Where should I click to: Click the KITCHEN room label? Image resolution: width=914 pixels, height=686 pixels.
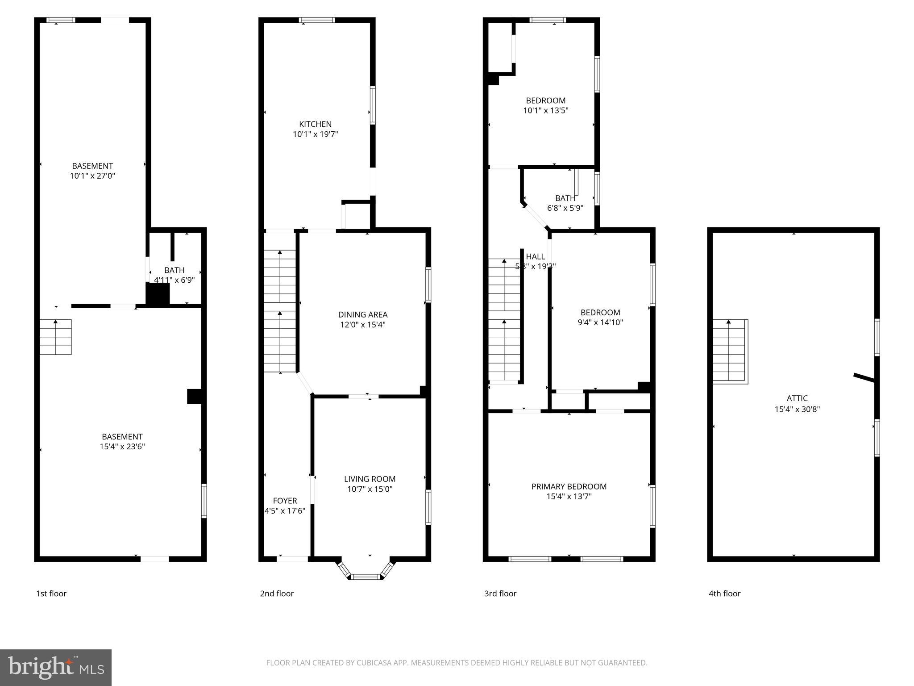point(315,124)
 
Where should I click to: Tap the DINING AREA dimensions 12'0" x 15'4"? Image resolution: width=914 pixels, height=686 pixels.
point(362,325)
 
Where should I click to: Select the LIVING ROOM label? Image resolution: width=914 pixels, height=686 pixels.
point(370,479)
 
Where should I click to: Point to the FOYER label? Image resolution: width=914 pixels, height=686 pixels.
point(285,501)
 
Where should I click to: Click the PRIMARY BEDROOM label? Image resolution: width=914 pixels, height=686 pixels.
point(569,486)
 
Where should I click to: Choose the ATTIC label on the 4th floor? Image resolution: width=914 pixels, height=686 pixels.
point(797,398)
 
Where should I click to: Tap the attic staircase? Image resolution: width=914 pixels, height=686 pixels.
point(729,351)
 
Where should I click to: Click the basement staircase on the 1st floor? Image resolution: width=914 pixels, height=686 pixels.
point(56,337)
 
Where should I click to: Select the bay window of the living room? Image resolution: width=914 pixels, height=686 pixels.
point(366,573)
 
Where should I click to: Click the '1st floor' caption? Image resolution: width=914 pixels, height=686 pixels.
point(51,594)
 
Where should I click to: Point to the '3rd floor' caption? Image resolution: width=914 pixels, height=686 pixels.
point(500,594)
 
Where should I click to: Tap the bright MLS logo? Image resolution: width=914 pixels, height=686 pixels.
point(55,667)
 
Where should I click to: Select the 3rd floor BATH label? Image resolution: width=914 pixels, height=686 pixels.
point(565,198)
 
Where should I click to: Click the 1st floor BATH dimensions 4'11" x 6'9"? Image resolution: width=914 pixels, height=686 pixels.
point(174,280)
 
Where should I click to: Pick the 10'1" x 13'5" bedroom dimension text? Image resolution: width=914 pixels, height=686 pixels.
point(545,110)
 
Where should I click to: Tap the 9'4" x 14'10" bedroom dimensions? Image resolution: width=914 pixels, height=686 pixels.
point(600,322)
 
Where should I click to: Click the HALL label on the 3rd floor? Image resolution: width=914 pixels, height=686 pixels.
point(535,256)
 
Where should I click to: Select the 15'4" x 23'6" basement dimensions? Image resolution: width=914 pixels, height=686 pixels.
point(122,447)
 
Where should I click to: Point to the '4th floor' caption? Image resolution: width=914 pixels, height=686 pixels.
point(724,594)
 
